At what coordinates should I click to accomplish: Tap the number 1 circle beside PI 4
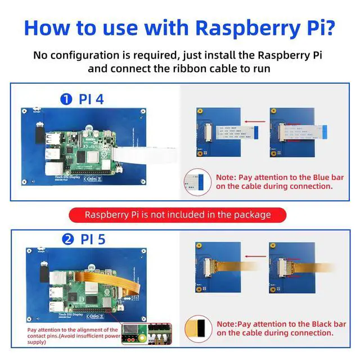pyautogui.click(x=67, y=100)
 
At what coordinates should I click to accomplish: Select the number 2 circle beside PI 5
pyautogui.click(x=68, y=239)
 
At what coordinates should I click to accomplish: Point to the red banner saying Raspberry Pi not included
pyautogui.click(x=178, y=214)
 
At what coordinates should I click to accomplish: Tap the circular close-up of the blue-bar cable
pyautogui.click(x=197, y=181)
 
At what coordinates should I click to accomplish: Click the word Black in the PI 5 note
pyautogui.click(x=312, y=323)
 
